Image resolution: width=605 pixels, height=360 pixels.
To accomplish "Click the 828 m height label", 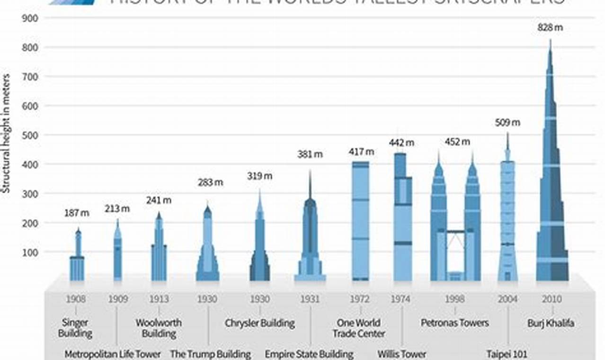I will pyautogui.click(x=550, y=27).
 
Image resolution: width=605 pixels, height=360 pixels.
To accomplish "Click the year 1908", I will pyautogui.click(x=76, y=299).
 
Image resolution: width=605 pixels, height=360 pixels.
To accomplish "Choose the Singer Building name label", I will pyautogui.click(x=75, y=328).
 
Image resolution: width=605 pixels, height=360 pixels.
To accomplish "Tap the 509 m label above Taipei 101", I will pyautogui.click(x=507, y=123).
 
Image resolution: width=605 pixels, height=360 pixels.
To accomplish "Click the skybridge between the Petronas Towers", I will pyautogui.click(x=455, y=231).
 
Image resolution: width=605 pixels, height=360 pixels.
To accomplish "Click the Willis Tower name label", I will pyautogui.click(x=401, y=354).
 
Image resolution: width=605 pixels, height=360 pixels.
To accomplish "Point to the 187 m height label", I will pyautogui.click(x=77, y=213).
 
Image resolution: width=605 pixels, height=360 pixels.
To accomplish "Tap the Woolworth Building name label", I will pyautogui.click(x=159, y=328).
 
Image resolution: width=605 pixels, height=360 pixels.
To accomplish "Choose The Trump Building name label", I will pyautogui.click(x=210, y=354).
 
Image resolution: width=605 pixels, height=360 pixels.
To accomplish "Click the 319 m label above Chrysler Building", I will pyautogui.click(x=259, y=176).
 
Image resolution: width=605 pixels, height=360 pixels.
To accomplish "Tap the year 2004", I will pyautogui.click(x=507, y=299).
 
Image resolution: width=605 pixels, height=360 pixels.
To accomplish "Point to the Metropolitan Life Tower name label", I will pyautogui.click(x=113, y=354).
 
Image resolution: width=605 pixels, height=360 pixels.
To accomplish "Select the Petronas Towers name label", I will pyautogui.click(x=454, y=323).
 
